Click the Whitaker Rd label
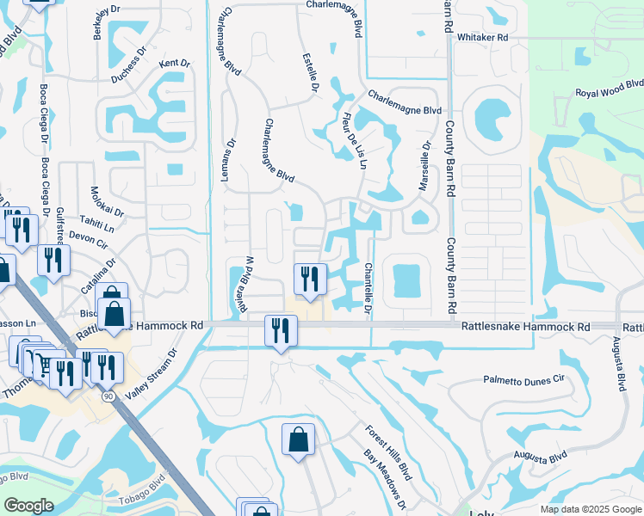point(482,38)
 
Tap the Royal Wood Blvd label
point(609,89)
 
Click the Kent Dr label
point(173,64)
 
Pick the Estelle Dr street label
point(311,73)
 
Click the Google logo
point(28,506)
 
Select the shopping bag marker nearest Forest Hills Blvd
point(298,439)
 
